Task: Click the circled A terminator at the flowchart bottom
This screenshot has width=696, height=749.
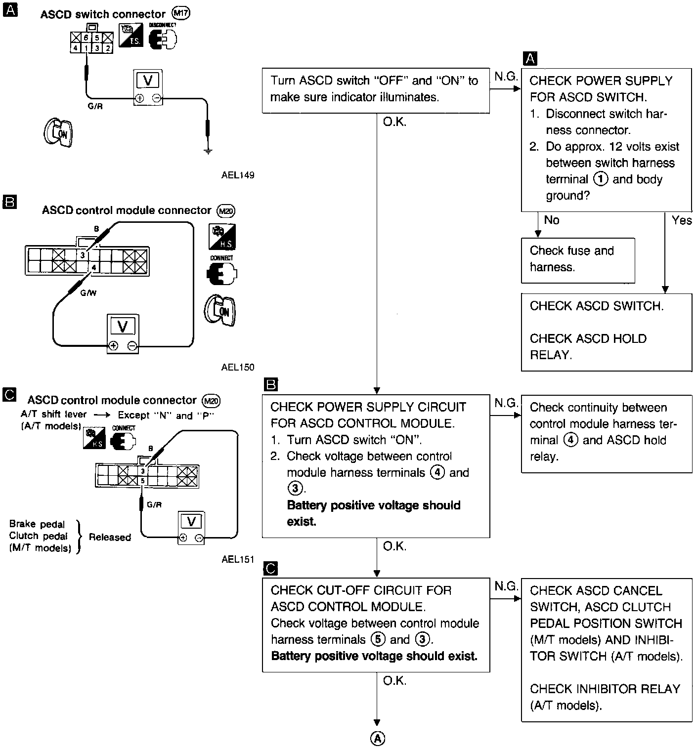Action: click(x=377, y=738)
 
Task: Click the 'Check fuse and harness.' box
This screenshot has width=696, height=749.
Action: click(x=577, y=260)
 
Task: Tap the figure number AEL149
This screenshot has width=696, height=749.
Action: click(x=238, y=175)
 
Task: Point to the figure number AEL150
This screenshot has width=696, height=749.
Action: click(x=238, y=367)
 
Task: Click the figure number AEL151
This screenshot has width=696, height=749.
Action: click(x=238, y=559)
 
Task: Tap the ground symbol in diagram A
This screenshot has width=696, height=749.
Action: click(x=209, y=151)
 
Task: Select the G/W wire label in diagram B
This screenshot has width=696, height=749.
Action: click(x=88, y=293)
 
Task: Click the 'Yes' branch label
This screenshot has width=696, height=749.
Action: click(x=682, y=220)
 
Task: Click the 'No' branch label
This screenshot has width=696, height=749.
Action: click(x=551, y=220)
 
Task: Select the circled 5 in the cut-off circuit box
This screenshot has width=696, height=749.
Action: click(x=378, y=639)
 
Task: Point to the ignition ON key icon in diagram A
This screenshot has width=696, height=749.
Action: click(x=58, y=132)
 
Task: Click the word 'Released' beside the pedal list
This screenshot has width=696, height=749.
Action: click(x=110, y=537)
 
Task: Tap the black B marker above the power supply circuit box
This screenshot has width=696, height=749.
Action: click(x=271, y=385)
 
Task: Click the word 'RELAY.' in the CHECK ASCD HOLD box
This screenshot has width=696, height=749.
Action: click(x=550, y=355)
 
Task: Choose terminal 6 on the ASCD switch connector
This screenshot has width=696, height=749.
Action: click(x=86, y=38)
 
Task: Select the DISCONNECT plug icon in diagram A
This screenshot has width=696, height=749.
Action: click(x=163, y=39)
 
